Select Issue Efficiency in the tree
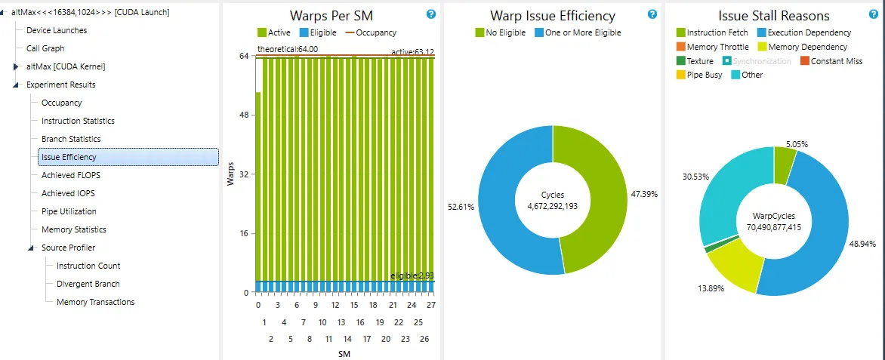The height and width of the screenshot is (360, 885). (69, 157)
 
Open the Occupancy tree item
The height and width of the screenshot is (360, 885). (61, 103)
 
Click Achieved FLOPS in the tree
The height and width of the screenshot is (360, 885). (70, 175)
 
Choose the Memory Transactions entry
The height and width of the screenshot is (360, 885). (95, 302)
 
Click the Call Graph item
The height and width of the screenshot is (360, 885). (45, 48)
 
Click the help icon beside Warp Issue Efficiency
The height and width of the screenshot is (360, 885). (652, 14)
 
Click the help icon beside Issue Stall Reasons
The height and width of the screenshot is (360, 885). (874, 14)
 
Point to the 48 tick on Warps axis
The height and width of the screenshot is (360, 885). (245, 115)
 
